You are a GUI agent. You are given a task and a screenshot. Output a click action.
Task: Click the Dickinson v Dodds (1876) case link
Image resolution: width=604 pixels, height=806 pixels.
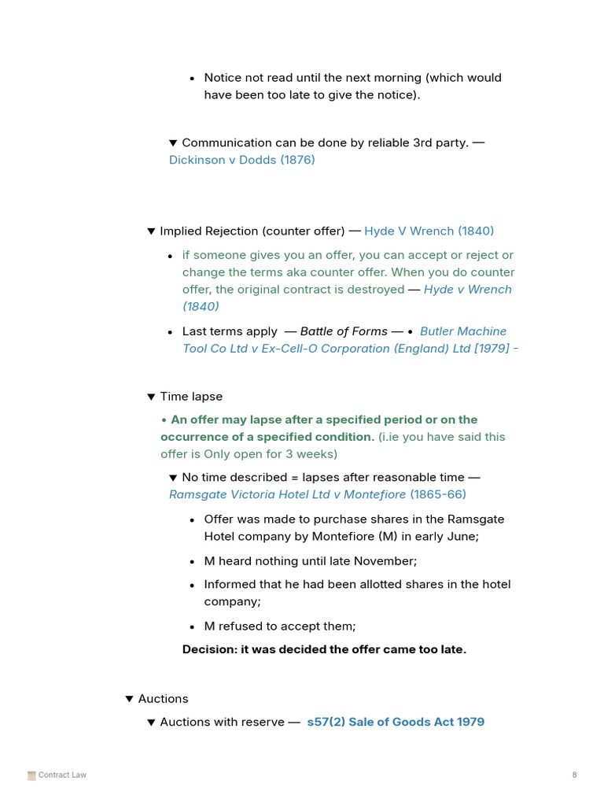coord(241,160)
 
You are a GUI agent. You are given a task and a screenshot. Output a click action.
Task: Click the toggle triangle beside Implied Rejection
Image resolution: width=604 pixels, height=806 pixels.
coord(151,231)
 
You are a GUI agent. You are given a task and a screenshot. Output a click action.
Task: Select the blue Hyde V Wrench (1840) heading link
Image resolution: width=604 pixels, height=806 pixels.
coord(429,231)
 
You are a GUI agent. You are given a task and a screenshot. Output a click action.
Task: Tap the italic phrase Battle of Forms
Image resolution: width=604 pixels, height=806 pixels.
coord(344,331)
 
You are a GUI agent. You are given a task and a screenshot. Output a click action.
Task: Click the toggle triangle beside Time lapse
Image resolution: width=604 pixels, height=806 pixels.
coord(151,397)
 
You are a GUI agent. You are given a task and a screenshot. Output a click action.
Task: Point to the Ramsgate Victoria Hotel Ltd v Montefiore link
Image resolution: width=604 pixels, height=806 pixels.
coord(287,494)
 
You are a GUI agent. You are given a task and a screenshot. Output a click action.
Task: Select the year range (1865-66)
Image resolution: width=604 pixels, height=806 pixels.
coord(438,494)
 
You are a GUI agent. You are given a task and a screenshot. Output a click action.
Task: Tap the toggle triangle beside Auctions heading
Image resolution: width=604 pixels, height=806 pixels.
coord(130,699)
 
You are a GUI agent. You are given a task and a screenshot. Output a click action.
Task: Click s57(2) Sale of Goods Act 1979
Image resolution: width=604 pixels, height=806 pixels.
coord(396,722)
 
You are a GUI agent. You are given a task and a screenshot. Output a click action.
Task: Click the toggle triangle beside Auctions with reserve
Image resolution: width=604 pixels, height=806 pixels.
coord(151,723)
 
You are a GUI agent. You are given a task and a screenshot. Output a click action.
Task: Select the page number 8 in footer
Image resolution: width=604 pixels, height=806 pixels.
coord(574,775)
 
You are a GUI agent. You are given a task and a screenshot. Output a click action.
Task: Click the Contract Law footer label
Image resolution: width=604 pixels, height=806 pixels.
coord(62,775)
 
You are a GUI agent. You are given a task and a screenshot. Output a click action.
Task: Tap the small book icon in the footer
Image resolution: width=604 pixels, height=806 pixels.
coord(31,775)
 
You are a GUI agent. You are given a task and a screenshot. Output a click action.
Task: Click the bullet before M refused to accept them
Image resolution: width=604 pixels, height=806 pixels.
coord(193,627)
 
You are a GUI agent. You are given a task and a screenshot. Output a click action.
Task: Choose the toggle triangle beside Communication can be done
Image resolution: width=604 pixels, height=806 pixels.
coord(173,143)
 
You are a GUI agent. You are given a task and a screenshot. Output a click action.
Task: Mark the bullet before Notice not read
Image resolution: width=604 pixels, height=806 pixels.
coord(193,79)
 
